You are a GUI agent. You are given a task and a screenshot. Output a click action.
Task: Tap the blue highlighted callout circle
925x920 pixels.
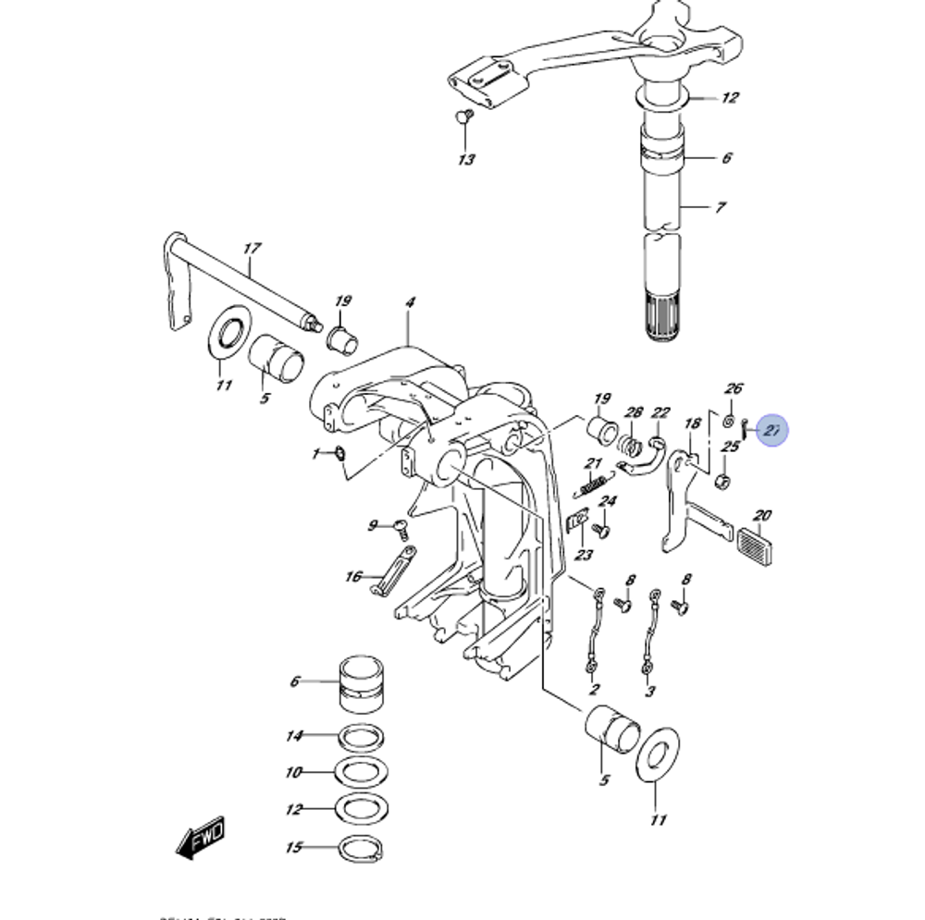coord(771,429)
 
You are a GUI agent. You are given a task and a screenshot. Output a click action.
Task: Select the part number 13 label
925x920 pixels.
coord(466,160)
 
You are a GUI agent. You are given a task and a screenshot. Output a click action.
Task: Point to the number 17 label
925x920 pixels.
coord(252,249)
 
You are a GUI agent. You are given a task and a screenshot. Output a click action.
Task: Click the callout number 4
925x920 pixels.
coord(410,302)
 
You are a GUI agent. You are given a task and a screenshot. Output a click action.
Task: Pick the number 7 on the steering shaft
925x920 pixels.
coord(721,207)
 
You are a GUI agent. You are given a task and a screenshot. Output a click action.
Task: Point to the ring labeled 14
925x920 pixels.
coord(359,737)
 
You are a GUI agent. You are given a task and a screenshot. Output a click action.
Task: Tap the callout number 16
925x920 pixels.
coord(353,577)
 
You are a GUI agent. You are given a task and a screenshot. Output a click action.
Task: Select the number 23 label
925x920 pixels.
coord(584,555)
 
